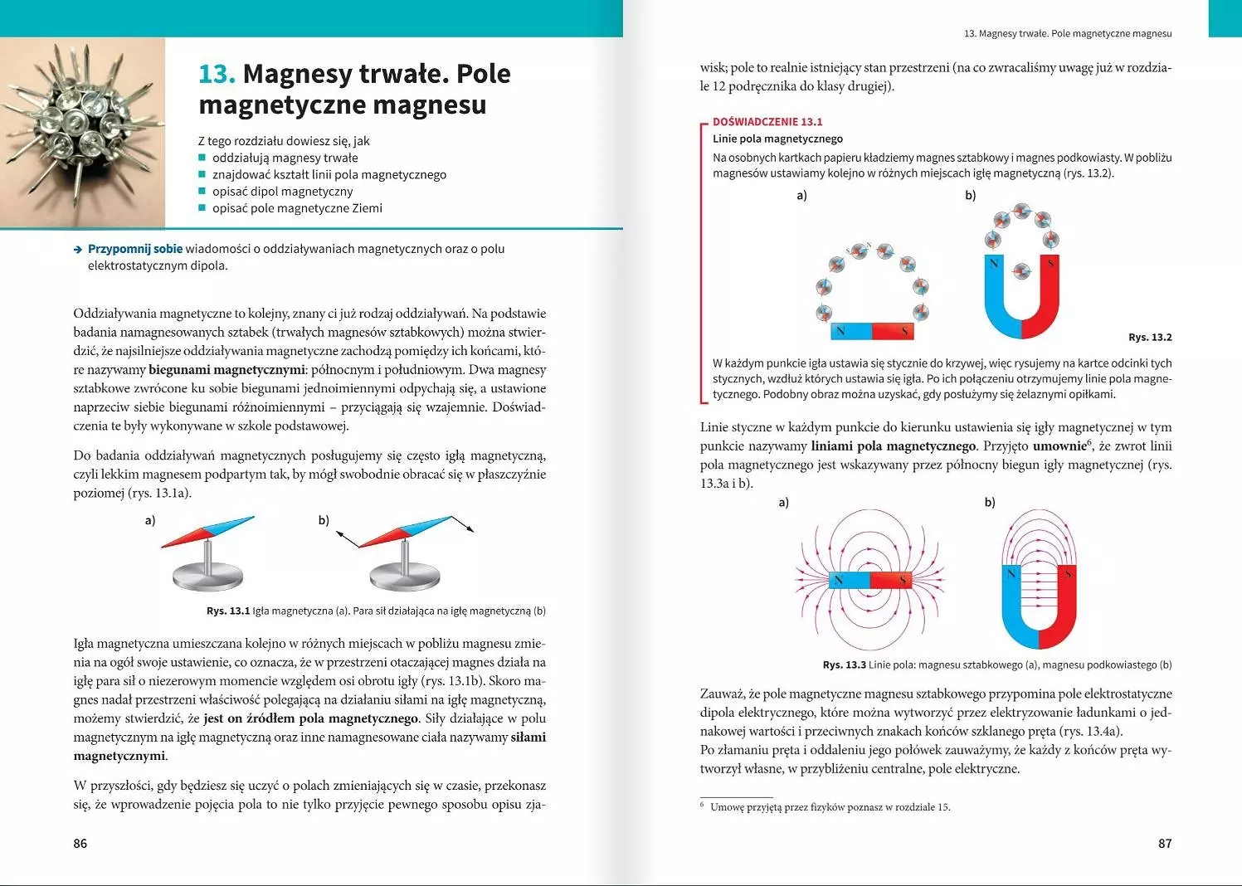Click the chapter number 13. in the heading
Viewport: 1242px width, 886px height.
217,74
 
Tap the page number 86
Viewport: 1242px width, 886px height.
80,844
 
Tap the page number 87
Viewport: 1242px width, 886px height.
1165,844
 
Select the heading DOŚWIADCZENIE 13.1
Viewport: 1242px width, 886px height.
767,121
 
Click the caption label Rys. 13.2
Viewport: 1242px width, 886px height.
1150,337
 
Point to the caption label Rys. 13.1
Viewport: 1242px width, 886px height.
228,611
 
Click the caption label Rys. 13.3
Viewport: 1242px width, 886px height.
844,664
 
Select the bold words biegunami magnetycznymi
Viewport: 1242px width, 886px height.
226,370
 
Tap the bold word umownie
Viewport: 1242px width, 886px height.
1059,446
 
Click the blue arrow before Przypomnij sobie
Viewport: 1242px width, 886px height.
78,249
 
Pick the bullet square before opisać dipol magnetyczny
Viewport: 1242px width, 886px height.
202,192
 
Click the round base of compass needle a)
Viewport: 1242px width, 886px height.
207,575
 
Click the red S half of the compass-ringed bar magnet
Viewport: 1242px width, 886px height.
893,332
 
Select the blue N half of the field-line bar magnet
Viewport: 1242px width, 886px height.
849,580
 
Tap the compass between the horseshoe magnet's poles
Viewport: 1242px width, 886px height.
1022,270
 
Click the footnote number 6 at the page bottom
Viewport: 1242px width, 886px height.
702,805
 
